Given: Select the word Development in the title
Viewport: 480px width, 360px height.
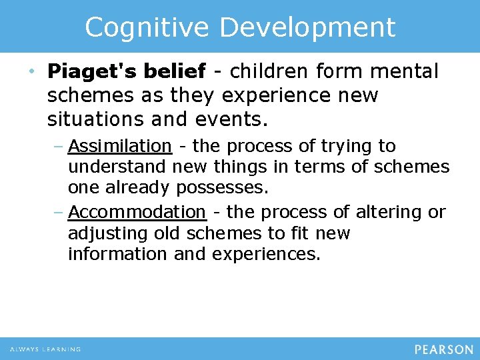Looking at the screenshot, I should point(307,27).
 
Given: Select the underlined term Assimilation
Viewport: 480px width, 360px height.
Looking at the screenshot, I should point(120,146).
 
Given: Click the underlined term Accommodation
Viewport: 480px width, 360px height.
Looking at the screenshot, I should point(137,212).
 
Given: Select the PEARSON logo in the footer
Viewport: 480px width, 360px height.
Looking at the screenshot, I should point(443,349).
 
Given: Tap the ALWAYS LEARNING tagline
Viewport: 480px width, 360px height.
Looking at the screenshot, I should point(45,349).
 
